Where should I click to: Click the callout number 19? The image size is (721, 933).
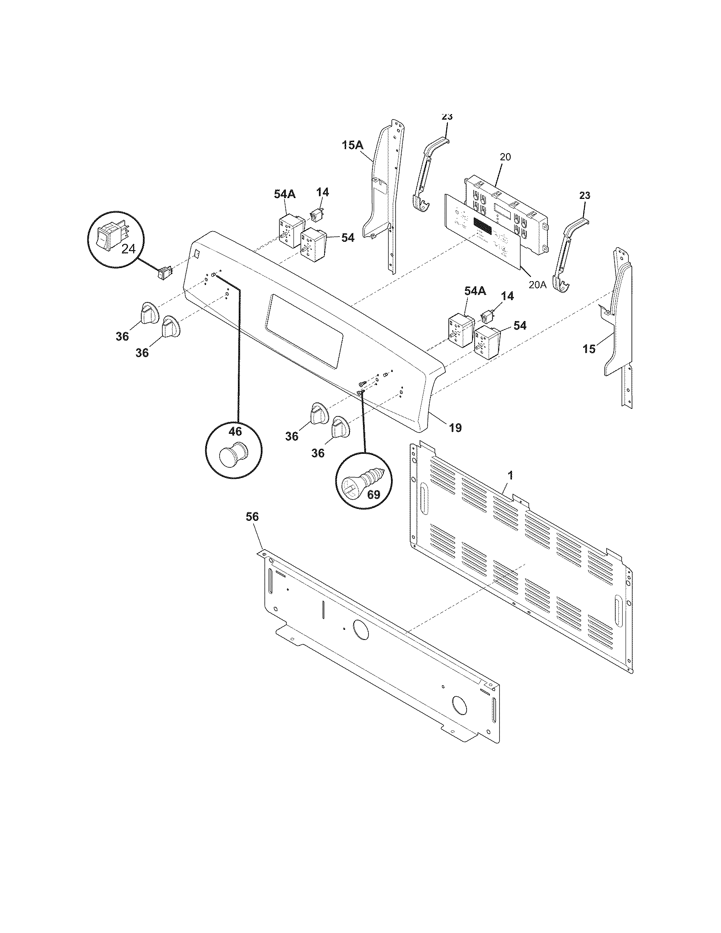(456, 427)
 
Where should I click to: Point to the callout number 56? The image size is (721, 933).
(252, 517)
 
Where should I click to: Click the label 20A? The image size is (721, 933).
(537, 285)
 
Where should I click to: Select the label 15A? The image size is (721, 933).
(352, 145)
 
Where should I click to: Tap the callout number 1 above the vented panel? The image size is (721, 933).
(511, 475)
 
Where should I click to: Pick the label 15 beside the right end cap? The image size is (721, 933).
(589, 349)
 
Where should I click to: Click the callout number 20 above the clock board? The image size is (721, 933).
(505, 157)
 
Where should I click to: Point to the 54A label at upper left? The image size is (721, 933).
(285, 194)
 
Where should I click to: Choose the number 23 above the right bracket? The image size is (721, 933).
(585, 196)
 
